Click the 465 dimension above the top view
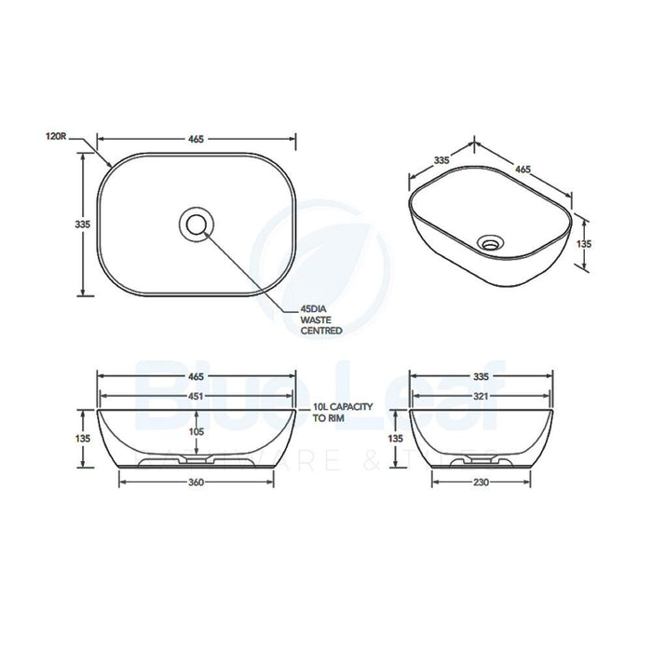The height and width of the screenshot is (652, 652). click(x=197, y=140)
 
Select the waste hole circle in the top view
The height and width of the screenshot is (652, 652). click(x=197, y=224)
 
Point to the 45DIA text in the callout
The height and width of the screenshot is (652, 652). click(x=314, y=308)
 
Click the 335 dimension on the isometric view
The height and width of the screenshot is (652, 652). click(x=441, y=160)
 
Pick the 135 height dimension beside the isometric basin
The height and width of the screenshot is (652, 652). click(x=585, y=242)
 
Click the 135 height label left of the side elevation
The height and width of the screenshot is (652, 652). click(x=396, y=439)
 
